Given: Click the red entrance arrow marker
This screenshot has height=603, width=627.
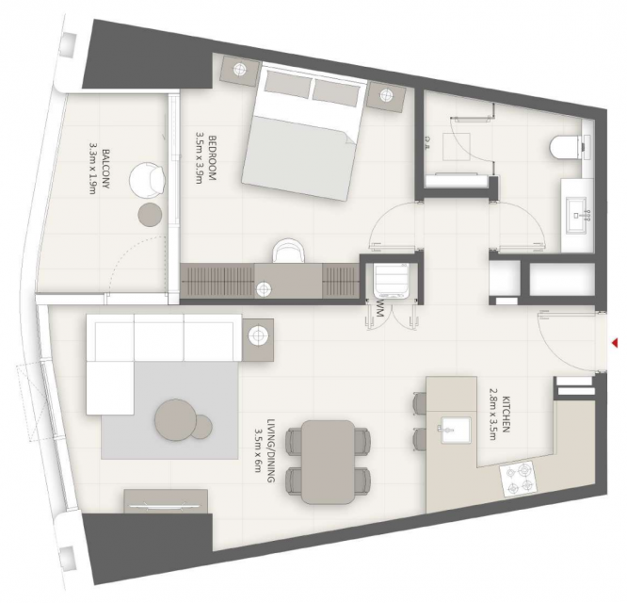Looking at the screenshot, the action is pos(615,342).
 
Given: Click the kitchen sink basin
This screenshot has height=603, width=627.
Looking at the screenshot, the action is pos(456,430).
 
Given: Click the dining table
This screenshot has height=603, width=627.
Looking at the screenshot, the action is pos(328,463).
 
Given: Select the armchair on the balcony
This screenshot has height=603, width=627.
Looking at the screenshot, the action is pos(148,180).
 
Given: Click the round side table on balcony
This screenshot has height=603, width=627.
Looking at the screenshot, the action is pos(150,215).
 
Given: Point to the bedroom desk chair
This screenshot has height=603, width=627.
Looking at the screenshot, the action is pos(289,251).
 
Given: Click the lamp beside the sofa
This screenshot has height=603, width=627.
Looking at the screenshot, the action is pos(258,335).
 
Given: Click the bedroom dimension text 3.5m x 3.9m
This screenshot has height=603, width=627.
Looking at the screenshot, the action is pos(199,158).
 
